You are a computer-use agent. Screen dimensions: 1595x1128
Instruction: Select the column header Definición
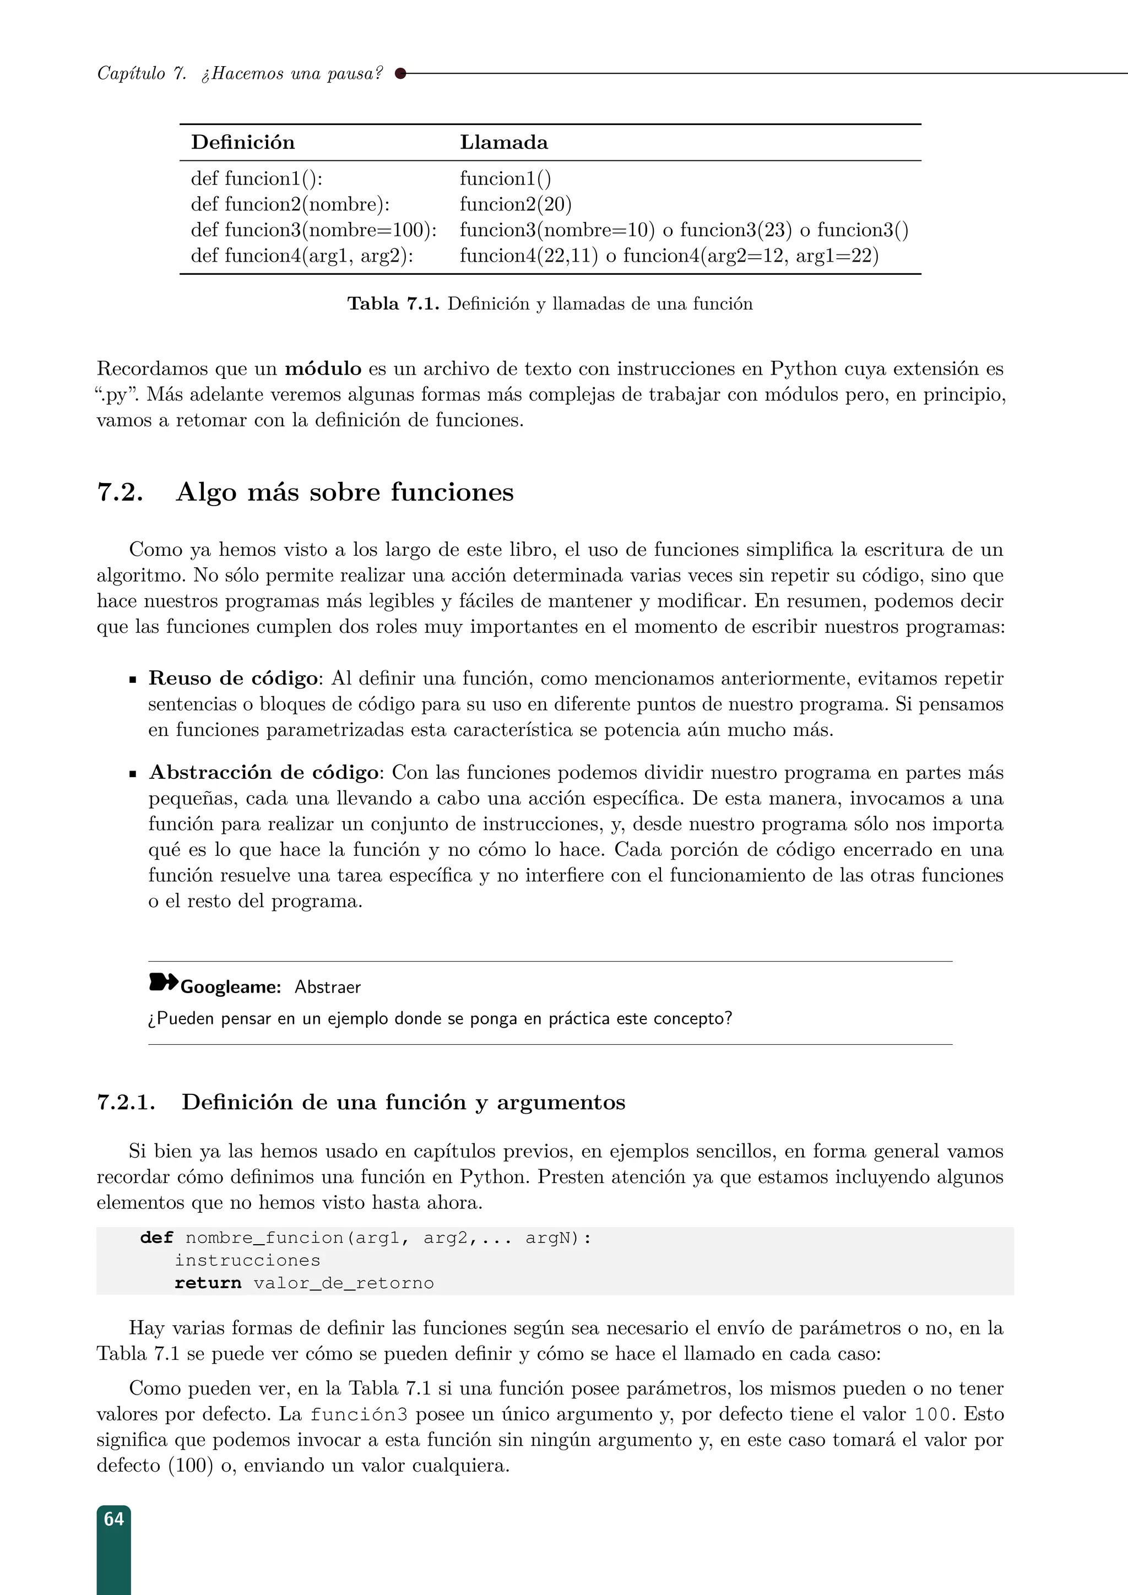(243, 143)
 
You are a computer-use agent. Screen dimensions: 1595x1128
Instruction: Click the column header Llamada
(503, 143)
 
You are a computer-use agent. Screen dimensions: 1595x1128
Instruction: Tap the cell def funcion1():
(256, 178)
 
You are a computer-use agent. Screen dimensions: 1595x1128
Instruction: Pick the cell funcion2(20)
(516, 204)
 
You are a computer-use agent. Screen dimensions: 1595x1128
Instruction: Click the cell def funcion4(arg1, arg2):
(302, 256)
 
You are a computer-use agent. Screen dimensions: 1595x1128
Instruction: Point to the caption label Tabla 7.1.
(393, 303)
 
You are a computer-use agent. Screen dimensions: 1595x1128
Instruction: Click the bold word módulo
(323, 368)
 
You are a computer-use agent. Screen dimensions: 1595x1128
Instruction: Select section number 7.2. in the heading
(120, 492)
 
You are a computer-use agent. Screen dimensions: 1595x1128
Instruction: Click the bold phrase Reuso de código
(232, 678)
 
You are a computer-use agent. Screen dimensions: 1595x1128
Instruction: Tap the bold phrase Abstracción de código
(264, 773)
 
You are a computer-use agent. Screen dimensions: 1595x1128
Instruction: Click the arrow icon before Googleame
(163, 983)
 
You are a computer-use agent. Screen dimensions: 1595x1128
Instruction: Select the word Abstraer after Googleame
(327, 987)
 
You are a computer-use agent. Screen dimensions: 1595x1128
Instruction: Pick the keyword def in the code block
(156, 1238)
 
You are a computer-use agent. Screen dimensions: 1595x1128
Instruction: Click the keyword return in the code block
(208, 1283)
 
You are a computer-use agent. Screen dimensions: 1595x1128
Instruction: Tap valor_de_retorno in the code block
(343, 1283)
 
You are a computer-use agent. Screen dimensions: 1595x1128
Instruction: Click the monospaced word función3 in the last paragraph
(359, 1415)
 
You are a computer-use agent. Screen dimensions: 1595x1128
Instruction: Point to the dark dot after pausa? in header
(400, 73)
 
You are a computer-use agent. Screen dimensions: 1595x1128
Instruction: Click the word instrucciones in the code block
(247, 1260)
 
